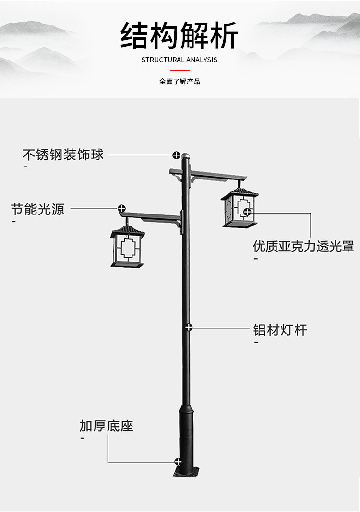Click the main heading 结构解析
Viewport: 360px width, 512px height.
point(180,36)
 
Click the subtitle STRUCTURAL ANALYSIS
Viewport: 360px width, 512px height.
point(180,60)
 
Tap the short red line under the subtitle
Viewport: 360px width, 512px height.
point(180,71)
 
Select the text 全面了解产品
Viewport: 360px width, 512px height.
point(180,82)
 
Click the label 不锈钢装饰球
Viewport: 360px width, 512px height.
point(63,155)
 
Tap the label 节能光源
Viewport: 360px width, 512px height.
point(37,209)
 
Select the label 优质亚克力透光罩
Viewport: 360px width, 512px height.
point(303,247)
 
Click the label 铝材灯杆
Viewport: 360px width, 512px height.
point(280,330)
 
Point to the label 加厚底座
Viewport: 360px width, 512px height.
point(106,426)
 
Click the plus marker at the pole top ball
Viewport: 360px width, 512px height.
point(177,155)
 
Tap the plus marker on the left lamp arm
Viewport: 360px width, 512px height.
point(122,209)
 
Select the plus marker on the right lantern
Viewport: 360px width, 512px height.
point(247,212)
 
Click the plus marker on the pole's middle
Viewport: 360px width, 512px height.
point(189,327)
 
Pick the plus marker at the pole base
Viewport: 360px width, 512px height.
point(178,462)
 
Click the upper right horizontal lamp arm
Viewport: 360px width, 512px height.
point(216,174)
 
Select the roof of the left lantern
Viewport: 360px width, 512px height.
point(127,233)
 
